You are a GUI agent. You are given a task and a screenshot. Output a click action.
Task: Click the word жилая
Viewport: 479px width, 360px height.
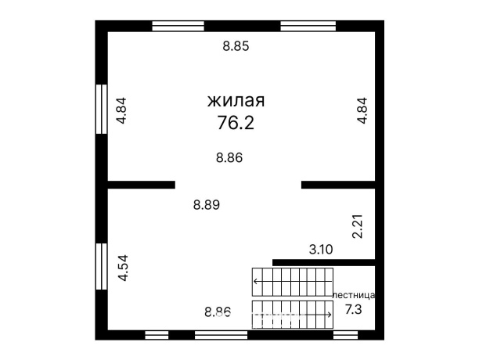235,101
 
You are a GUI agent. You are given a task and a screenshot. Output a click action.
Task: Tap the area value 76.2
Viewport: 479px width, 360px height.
235,123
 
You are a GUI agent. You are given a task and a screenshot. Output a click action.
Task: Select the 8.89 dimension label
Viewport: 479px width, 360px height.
207,205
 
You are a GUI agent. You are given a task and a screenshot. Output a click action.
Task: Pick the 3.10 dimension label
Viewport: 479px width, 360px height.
321,250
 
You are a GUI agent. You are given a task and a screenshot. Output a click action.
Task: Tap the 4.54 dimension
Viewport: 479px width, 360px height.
122,267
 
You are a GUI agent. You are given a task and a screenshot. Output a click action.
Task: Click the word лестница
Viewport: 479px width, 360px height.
354,295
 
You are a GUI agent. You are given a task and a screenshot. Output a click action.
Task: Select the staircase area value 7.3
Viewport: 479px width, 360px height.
354,310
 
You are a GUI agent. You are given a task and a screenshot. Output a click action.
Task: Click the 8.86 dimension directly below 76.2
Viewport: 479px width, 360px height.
229,157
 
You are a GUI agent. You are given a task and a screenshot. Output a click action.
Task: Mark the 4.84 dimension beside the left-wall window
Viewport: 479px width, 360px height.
121,110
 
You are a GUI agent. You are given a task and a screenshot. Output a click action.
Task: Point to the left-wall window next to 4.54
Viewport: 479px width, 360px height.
101,268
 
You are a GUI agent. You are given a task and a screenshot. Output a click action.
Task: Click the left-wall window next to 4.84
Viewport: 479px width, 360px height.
101,109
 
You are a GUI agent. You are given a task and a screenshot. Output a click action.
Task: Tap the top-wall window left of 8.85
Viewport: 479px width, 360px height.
178,26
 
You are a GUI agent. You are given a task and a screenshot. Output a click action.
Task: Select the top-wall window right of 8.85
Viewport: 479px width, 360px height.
308,26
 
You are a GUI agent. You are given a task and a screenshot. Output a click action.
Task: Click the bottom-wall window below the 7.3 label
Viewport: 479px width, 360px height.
345,335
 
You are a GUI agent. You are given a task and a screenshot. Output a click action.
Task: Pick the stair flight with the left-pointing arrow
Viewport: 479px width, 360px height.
292,280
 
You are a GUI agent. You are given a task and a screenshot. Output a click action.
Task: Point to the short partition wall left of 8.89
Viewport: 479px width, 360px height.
141,185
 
